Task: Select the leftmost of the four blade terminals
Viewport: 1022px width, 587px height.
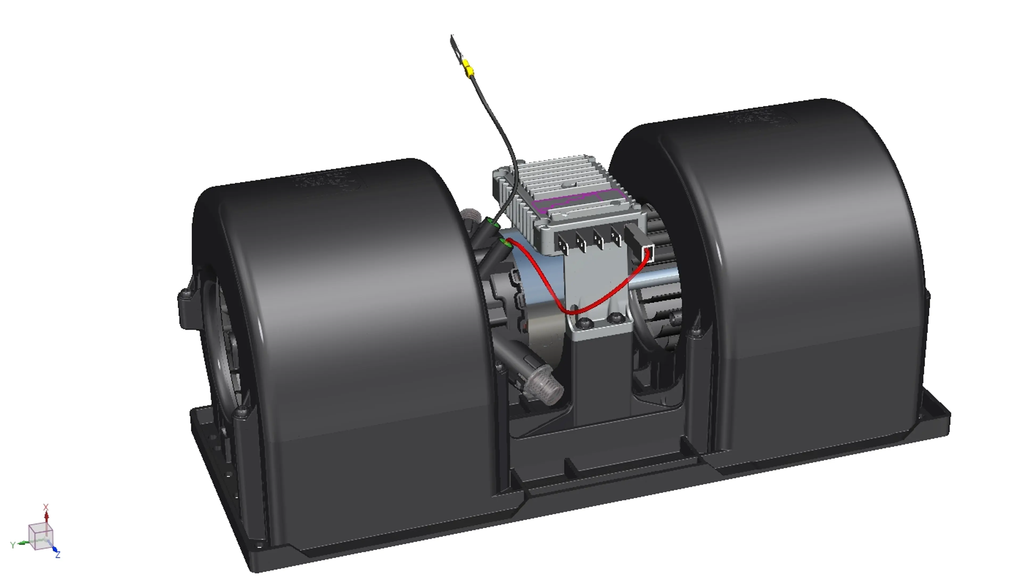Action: pos(563,244)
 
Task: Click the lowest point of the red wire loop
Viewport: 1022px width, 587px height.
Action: pos(573,312)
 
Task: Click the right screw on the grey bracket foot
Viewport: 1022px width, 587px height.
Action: pos(615,317)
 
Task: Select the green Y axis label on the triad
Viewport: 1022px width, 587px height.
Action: pos(13,545)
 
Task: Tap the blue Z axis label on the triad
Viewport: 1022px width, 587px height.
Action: pos(58,555)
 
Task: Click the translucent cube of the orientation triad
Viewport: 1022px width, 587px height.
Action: pos(40,536)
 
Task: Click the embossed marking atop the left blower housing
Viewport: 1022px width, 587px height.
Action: pos(329,184)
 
